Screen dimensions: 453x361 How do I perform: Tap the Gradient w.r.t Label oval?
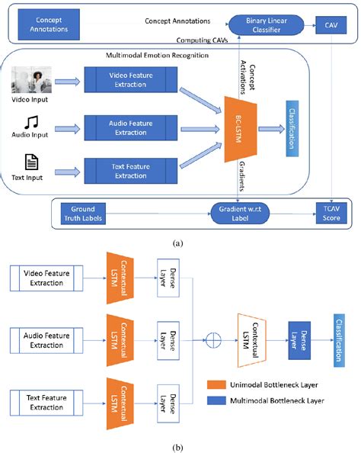coord(248,212)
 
